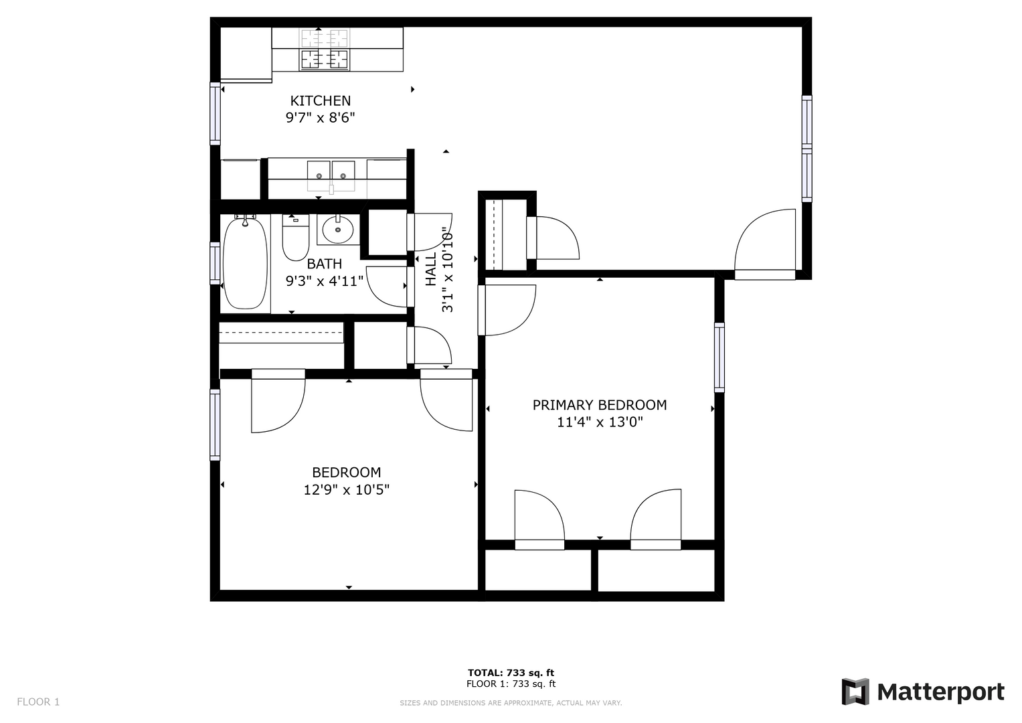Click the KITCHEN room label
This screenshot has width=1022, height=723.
coord(321,100)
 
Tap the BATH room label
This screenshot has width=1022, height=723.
coord(324,264)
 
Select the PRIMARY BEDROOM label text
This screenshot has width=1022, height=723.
coord(600,405)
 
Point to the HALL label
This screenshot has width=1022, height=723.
coord(431,269)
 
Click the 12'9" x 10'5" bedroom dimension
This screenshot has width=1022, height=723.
coord(346,490)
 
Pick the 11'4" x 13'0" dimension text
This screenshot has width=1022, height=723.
coord(600,422)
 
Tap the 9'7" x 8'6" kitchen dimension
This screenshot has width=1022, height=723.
coord(321,118)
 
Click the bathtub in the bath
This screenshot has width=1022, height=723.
coord(245,263)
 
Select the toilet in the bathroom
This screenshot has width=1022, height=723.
coord(296,238)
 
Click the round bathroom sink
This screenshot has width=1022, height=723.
coord(337,230)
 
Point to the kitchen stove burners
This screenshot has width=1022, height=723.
coord(324,50)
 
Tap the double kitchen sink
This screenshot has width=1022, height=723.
coord(331,175)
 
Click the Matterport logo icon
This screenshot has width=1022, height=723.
coord(855,692)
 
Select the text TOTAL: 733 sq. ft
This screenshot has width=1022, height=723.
coord(511,672)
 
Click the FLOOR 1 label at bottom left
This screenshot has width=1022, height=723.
coord(38,702)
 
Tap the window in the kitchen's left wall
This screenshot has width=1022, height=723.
coord(215,114)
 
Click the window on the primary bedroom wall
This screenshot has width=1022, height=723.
coord(719,357)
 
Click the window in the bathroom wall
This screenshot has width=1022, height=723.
coord(215,263)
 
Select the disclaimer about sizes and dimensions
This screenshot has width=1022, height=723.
coord(511,703)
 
